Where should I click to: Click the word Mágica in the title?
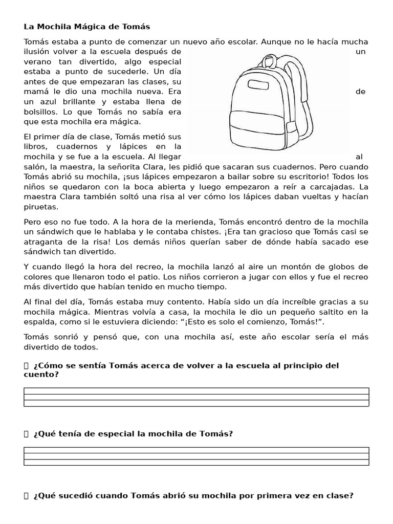82,26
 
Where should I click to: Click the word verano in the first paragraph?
37,62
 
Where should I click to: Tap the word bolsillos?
41,111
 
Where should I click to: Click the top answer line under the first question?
196,390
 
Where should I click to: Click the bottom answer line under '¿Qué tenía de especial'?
196,462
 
